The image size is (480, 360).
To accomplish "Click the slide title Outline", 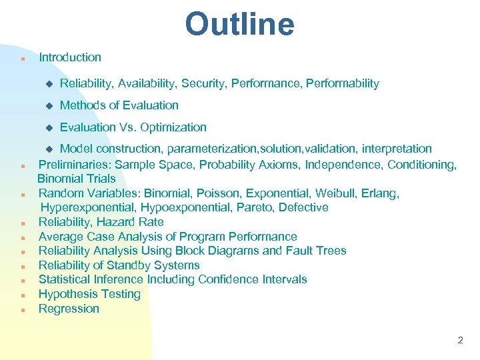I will [x=239, y=25].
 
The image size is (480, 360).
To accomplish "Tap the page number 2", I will [x=460, y=340].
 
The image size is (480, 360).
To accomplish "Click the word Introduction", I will [x=70, y=57].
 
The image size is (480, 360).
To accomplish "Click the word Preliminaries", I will [x=73, y=164].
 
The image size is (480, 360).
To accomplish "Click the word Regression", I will [x=69, y=309].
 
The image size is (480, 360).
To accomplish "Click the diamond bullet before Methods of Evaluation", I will [x=48, y=105].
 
